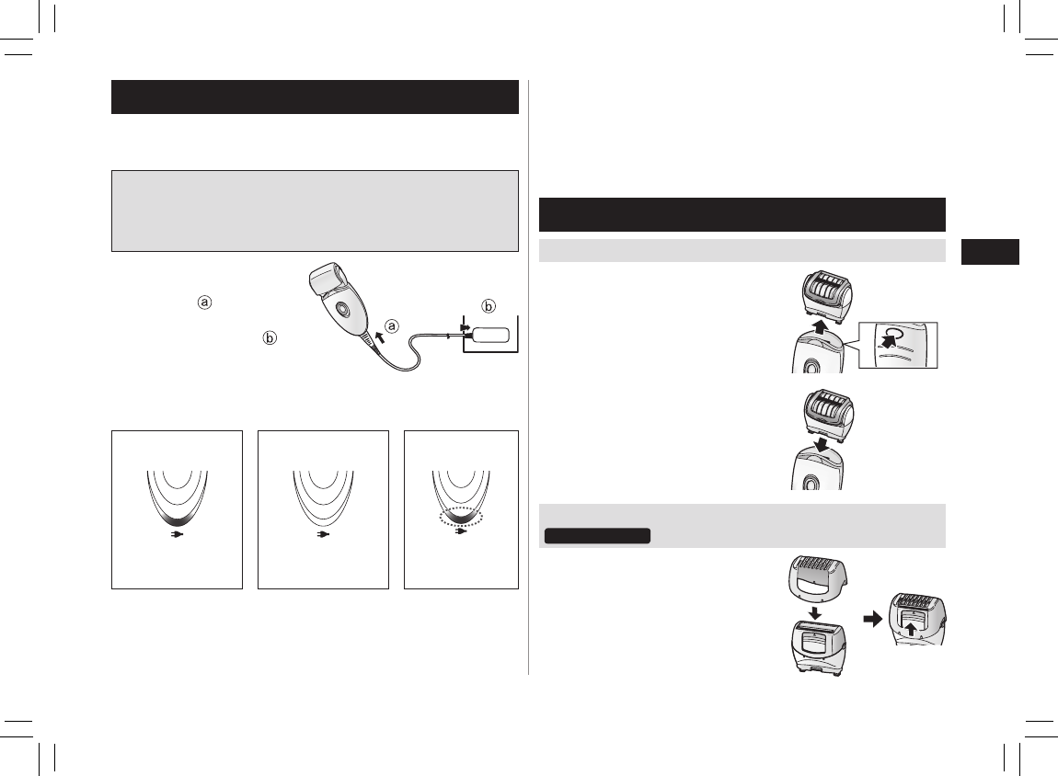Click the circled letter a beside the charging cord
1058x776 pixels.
(391, 327)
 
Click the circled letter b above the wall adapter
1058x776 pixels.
(489, 306)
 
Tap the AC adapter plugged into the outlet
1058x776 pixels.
(490, 336)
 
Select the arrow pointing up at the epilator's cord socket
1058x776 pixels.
(379, 337)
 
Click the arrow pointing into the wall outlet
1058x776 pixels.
(465, 327)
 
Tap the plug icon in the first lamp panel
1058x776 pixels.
(178, 534)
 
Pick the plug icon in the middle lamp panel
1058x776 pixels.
(323, 534)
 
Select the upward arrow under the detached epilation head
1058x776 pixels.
(820, 327)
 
